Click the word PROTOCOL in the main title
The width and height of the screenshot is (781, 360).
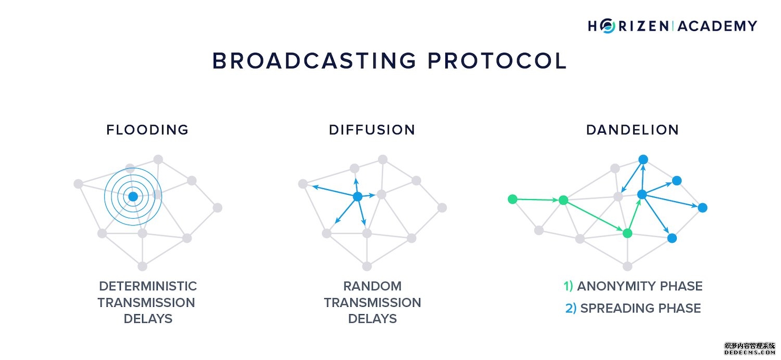pos(497,61)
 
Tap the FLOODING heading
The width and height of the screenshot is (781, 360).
pos(147,130)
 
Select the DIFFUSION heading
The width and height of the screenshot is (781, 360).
pos(372,130)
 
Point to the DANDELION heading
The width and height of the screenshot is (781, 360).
pos(633,130)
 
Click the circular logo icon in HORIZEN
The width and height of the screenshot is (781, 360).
pos(607,26)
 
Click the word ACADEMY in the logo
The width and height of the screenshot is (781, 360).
pos(717,26)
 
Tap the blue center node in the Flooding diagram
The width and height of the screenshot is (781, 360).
pos(133,196)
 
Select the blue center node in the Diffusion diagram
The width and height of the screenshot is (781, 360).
pos(358,196)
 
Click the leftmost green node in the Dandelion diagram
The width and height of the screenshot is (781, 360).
pos(512,198)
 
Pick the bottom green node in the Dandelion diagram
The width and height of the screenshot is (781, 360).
pos(627,233)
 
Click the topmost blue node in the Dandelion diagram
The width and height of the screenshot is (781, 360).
pos(643,159)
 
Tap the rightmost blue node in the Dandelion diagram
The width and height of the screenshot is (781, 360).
pos(702,207)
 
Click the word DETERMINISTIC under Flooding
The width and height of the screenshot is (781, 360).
pos(148,286)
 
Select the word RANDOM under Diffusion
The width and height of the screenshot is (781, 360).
pos(372,286)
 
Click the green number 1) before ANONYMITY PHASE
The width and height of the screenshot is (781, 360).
pos(568,286)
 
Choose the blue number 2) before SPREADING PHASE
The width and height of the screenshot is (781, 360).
pos(571,308)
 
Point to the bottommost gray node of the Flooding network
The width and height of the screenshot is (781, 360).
pos(142,266)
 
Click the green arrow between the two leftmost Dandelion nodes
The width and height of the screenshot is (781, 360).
pos(537,199)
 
